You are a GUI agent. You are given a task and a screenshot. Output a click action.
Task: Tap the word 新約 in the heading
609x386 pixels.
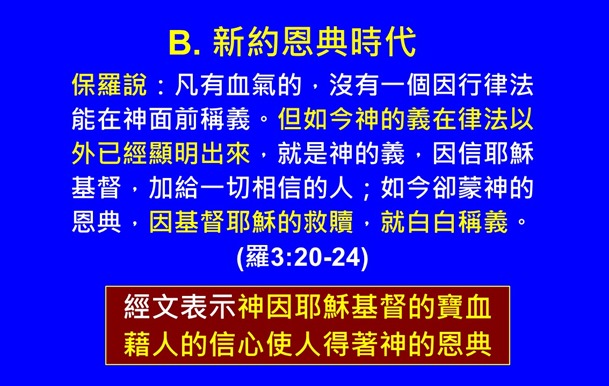[244, 43]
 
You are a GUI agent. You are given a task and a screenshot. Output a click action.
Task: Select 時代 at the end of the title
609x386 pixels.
[386, 43]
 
